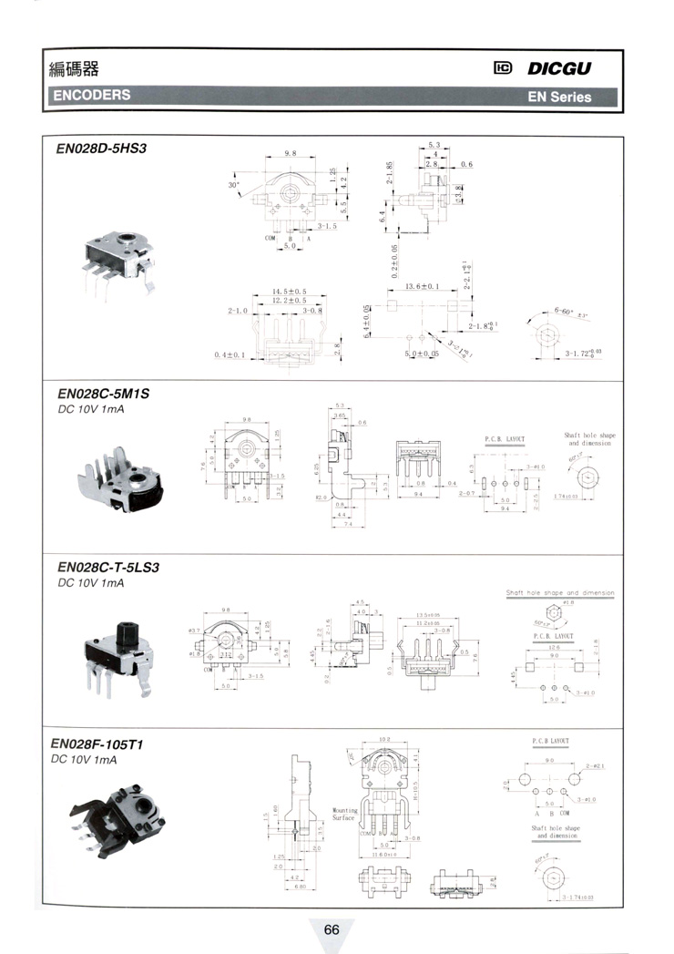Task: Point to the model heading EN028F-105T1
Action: pos(99,744)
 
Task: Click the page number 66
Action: pos(331,929)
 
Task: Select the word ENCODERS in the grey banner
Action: pos(92,95)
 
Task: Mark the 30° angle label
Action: pos(233,186)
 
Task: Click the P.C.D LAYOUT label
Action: pos(549,742)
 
